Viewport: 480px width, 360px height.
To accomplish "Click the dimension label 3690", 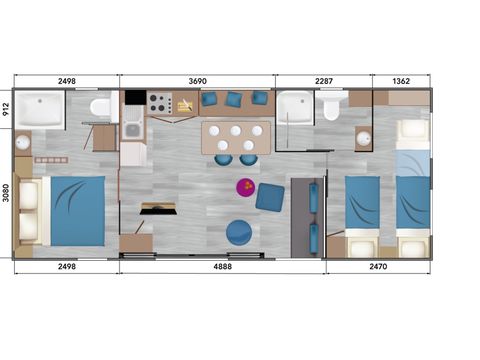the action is tap(197, 81).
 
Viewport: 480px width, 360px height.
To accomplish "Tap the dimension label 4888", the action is tap(222, 266).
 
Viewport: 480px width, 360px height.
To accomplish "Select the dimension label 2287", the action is tap(324, 81).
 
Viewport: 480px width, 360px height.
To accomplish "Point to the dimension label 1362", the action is tap(401, 81).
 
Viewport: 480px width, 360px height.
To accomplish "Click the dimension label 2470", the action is tap(378, 266).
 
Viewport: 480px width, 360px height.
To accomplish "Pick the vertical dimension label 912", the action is tap(6, 109).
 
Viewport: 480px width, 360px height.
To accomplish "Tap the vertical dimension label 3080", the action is tap(6, 193).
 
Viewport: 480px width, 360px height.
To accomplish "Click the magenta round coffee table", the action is tap(246, 187).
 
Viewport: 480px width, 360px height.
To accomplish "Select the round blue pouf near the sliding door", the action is tap(239, 233).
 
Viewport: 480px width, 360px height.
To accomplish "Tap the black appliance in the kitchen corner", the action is tap(136, 97).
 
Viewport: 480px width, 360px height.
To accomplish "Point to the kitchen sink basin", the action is tap(132, 130).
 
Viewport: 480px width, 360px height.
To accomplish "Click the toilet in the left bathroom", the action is tap(101, 106).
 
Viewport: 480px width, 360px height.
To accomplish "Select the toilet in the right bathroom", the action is tap(331, 107).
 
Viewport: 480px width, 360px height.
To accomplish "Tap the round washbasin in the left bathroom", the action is tap(23, 143).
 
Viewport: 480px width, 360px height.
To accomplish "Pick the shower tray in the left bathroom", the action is tap(40, 109).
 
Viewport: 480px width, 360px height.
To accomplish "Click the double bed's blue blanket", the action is tap(78, 211).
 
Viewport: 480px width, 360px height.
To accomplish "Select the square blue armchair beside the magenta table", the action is tap(270, 197).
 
